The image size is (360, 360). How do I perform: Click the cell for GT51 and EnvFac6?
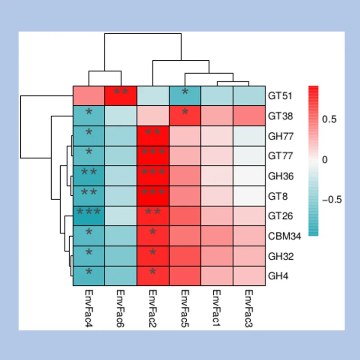(121, 95)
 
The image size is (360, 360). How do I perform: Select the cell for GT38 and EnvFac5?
(185, 116)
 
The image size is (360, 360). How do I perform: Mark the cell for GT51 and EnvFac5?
(185, 95)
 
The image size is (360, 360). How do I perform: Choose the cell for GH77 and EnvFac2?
(153, 135)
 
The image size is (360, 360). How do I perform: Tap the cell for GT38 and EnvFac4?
(89, 116)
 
